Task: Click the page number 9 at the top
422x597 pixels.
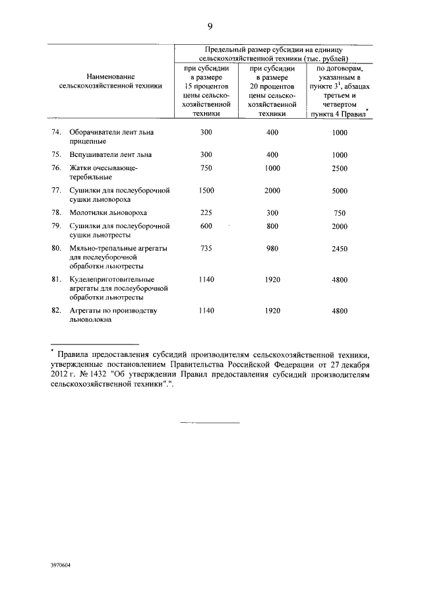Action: click(x=210, y=26)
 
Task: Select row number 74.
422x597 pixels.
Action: click(x=56, y=133)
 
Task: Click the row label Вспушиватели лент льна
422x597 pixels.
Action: click(x=111, y=155)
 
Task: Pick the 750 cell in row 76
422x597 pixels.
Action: click(x=206, y=168)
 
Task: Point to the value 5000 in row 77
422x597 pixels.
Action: click(x=340, y=191)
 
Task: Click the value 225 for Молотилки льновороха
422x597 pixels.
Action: click(x=206, y=213)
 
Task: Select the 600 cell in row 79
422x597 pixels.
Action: click(x=206, y=226)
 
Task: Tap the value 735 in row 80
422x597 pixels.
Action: click(x=206, y=249)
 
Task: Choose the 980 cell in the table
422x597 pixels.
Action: click(x=272, y=249)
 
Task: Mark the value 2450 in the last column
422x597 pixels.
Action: click(x=340, y=249)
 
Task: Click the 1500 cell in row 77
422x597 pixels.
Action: click(x=206, y=191)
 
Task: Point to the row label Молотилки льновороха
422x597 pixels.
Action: click(x=108, y=213)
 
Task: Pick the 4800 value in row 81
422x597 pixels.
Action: click(x=340, y=280)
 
